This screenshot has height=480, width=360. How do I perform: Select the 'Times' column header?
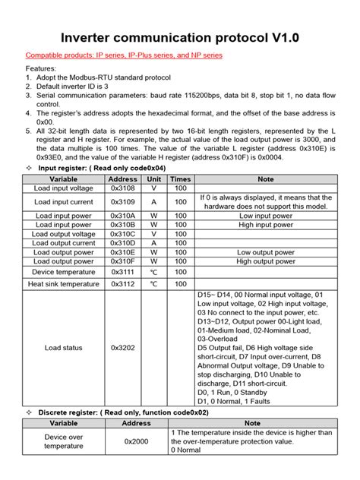(x=180, y=179)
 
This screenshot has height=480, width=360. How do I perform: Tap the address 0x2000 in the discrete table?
(x=137, y=441)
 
